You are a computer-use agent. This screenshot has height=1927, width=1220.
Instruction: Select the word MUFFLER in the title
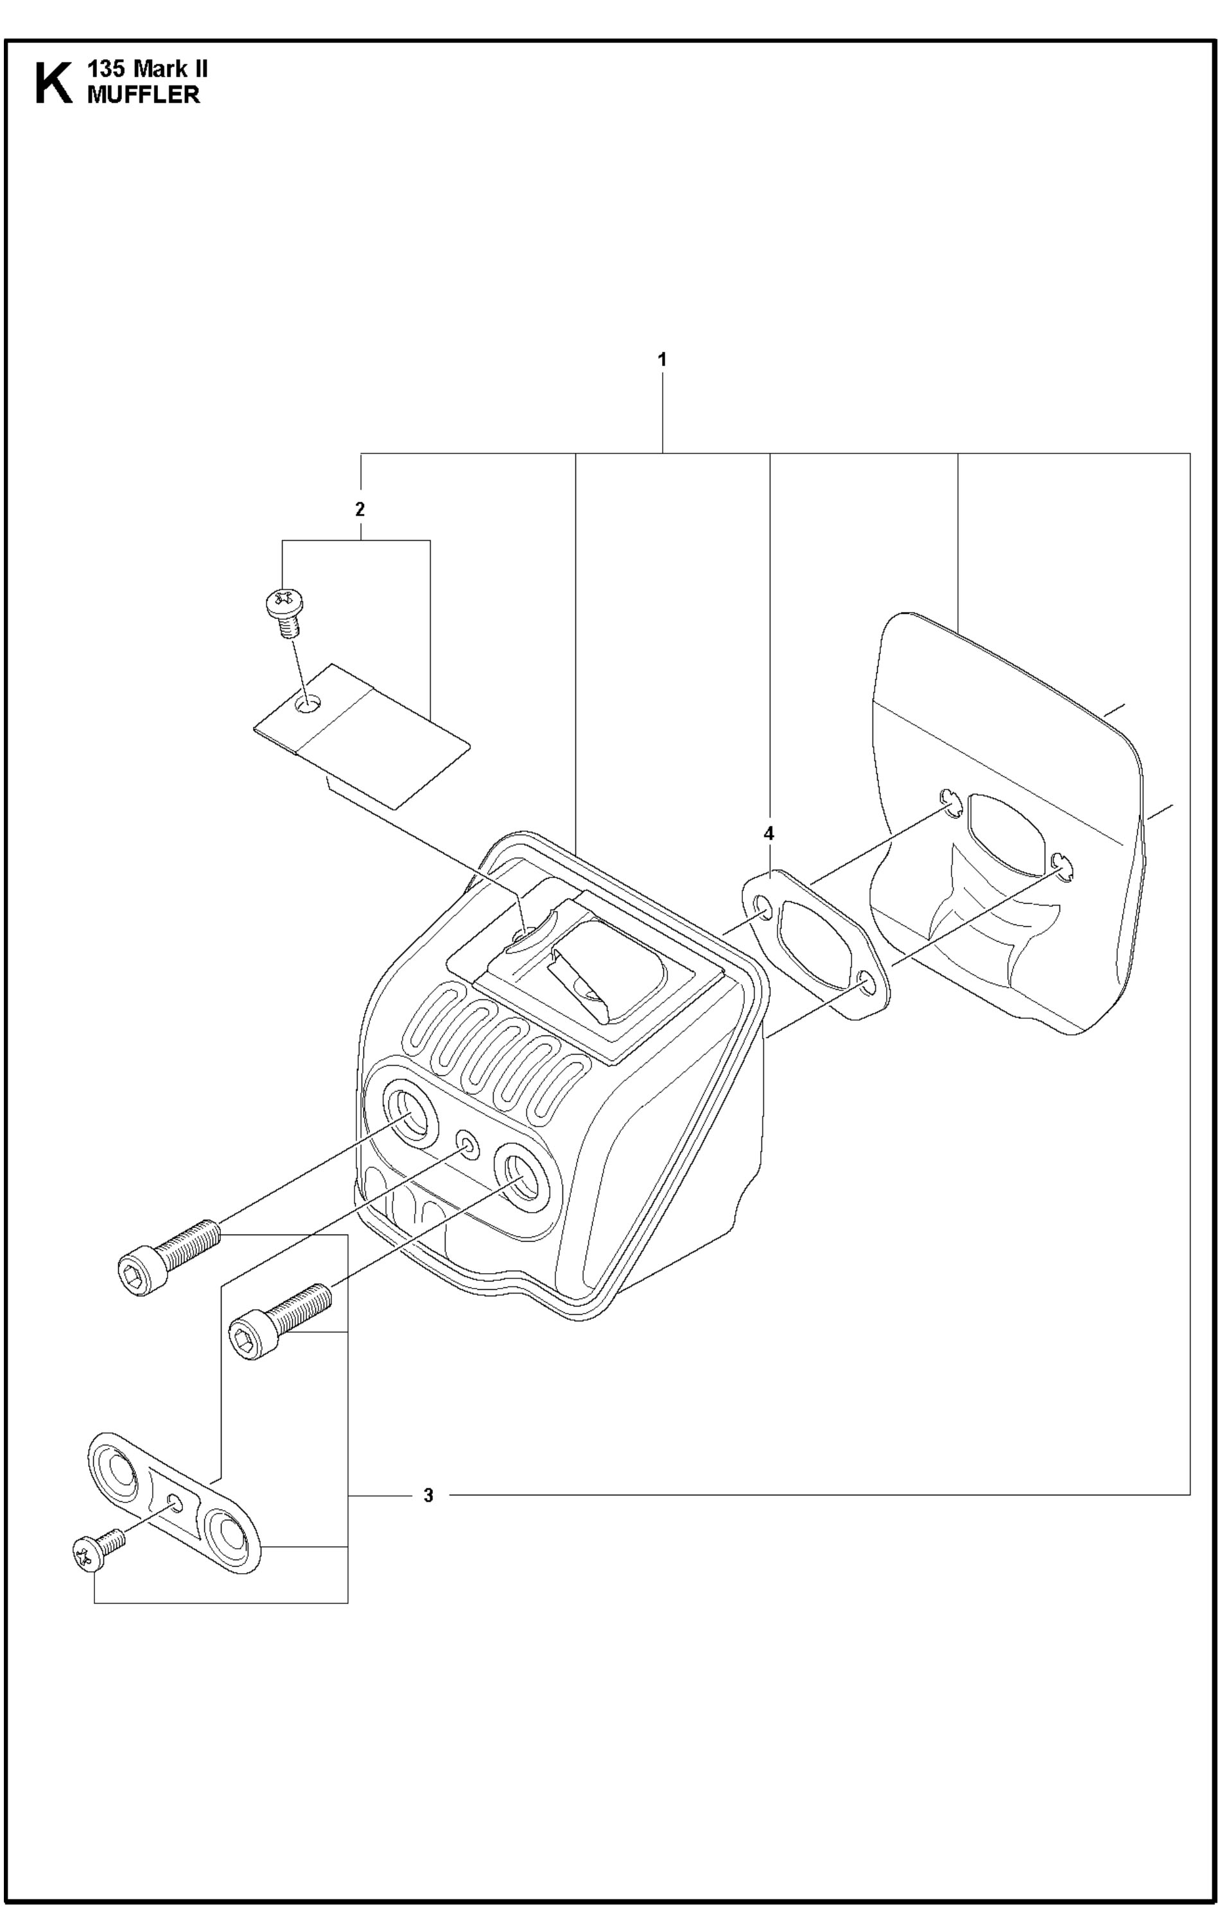click(143, 94)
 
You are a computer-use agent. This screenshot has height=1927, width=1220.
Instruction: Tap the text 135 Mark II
click(148, 69)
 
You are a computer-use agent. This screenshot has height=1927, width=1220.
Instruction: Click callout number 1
click(661, 360)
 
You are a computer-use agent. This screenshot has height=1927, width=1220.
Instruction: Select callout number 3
click(428, 1495)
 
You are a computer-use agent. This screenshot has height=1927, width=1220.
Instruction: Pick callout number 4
click(769, 834)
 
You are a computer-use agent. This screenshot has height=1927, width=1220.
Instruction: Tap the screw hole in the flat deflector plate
click(307, 704)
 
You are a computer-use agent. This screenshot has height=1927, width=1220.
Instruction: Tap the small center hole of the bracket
click(175, 1504)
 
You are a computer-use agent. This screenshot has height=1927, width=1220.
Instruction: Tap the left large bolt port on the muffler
click(413, 1111)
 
